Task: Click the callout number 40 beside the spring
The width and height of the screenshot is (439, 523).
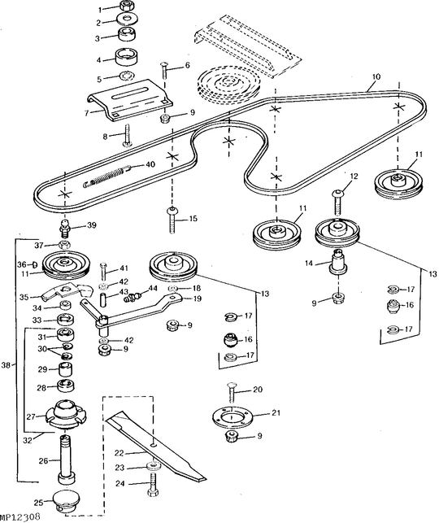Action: point(150,164)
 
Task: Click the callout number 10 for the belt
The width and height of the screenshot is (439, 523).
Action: point(376,76)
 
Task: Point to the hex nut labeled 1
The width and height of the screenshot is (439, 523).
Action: point(126,6)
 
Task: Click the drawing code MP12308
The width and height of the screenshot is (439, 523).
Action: point(20,516)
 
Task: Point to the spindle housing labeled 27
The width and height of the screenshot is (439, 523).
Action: point(66,415)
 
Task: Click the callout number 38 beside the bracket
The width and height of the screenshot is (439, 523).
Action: point(6,365)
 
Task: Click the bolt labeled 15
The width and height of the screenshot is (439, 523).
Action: point(172,220)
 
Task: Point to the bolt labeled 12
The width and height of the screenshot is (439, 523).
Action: point(337,203)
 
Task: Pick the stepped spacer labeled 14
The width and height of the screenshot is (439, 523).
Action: point(338,263)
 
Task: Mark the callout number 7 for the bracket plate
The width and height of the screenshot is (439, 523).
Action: point(86,113)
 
